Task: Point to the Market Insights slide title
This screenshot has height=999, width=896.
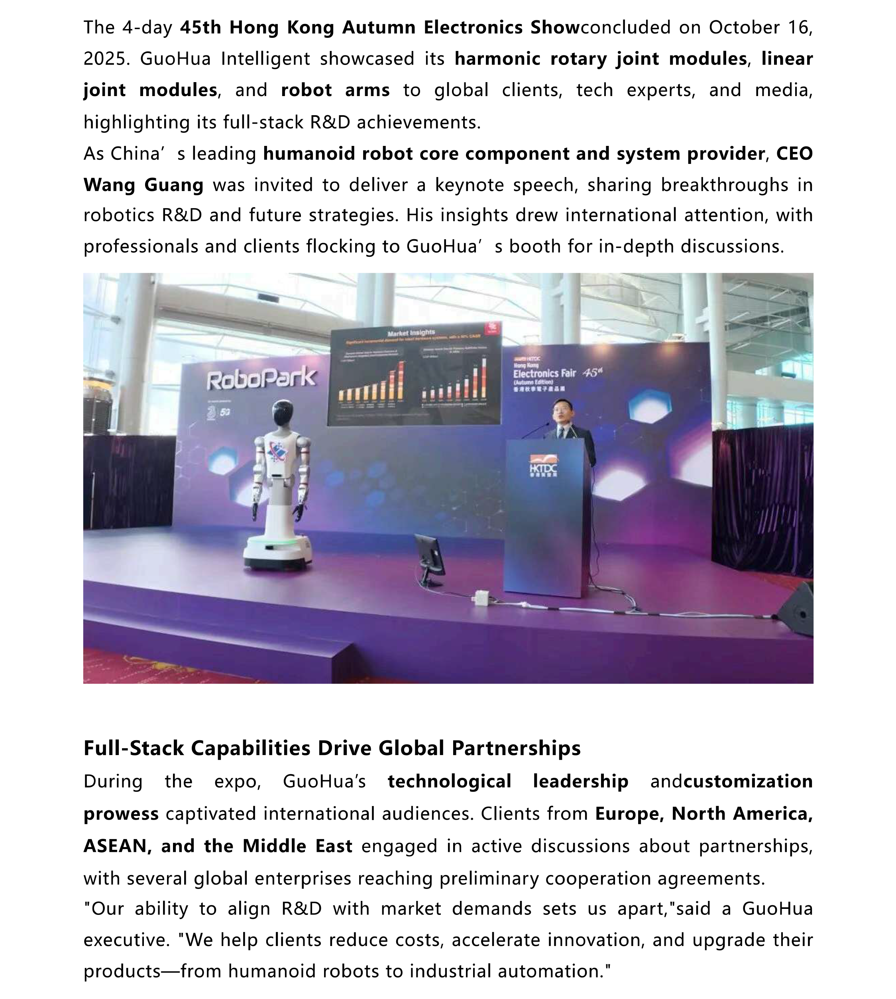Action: tap(411, 333)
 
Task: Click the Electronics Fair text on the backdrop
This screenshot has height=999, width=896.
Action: tap(544, 373)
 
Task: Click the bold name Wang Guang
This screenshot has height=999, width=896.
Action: tap(143, 185)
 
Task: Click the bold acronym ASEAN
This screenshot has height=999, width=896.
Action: tap(115, 846)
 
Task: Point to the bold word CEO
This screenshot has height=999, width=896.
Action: tap(794, 153)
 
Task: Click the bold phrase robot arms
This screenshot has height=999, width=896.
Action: tap(335, 90)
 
